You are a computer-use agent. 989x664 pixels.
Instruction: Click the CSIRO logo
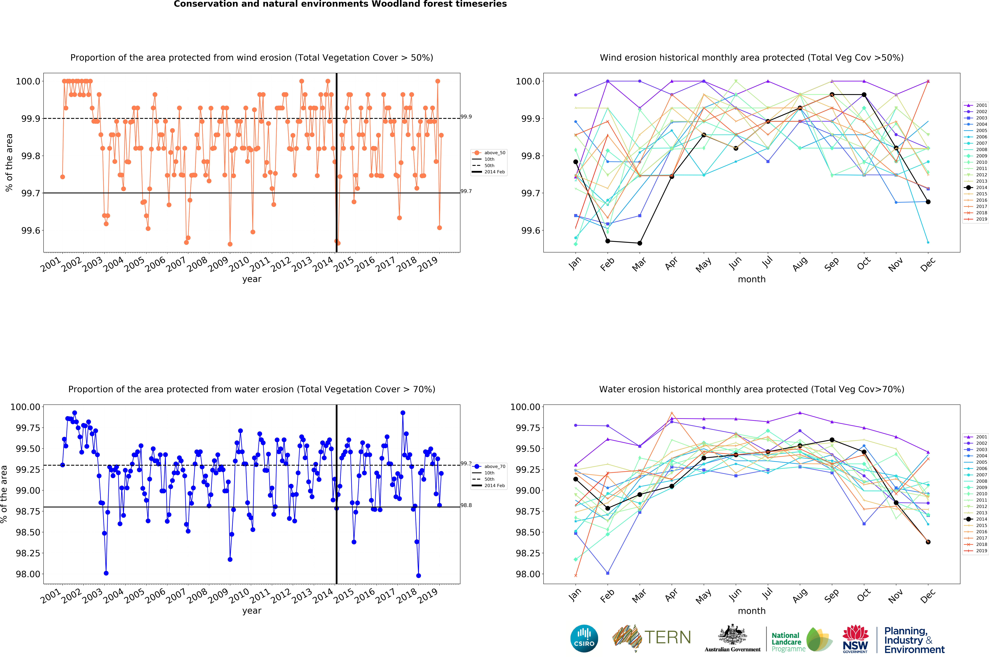coord(584,638)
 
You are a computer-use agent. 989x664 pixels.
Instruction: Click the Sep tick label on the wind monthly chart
coord(831,264)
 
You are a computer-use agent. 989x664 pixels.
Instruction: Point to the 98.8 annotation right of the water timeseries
coord(466,505)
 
